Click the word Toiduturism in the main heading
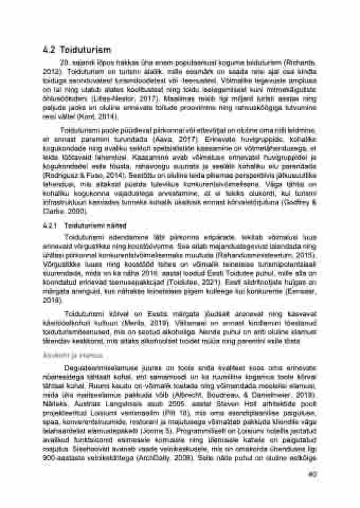pos(85,50)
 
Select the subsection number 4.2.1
pos(50,225)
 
